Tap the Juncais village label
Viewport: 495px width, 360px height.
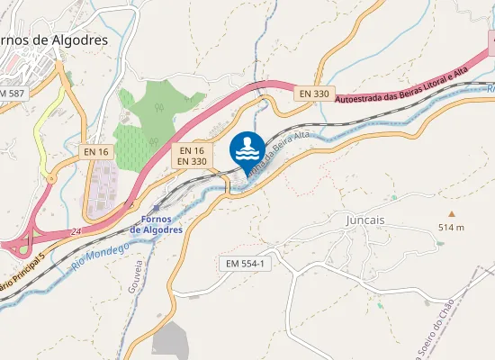pos(364,219)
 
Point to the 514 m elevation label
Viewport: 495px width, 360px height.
pos(451,227)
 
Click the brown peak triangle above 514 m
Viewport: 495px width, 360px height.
pos(452,213)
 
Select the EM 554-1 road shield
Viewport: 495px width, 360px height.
pos(245,264)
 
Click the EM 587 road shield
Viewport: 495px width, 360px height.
pos(12,94)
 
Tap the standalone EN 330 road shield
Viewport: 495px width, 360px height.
pos(315,93)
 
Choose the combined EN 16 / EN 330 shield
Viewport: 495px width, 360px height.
pos(192,156)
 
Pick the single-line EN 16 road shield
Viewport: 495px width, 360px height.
pos(96,152)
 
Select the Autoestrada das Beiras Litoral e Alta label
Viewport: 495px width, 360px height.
pos(402,86)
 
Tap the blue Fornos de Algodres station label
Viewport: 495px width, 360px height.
pos(156,224)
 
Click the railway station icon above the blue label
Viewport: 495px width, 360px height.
pos(156,208)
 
